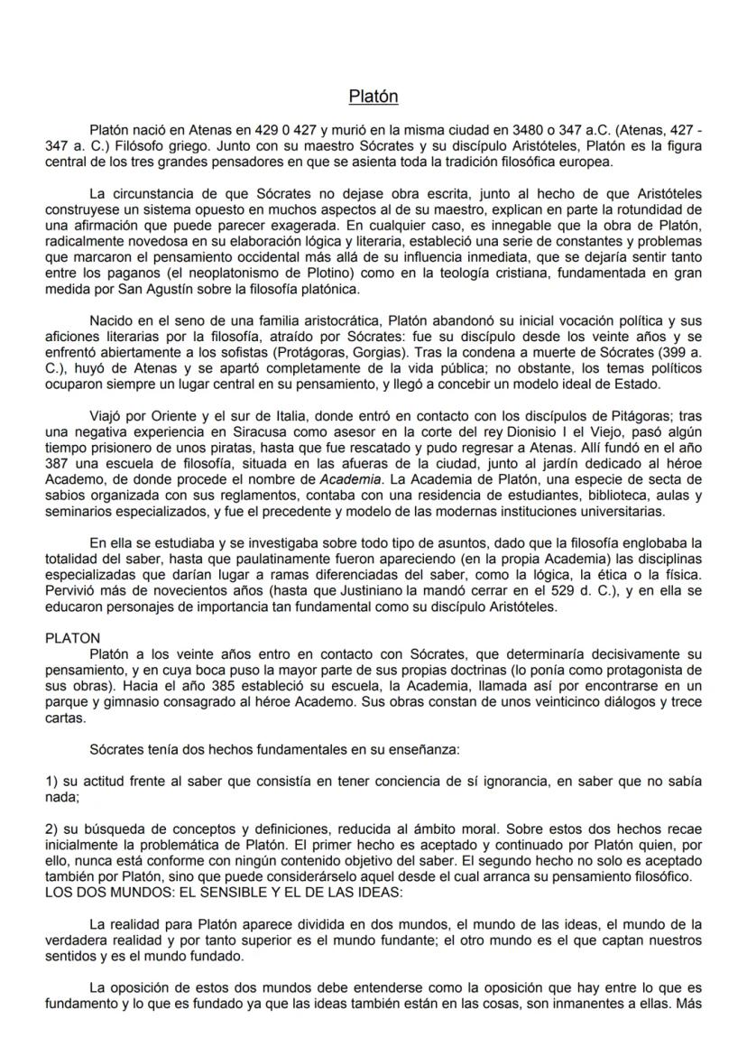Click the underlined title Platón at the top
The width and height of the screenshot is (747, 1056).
click(373, 97)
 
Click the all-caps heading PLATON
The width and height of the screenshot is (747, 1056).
click(73, 638)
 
